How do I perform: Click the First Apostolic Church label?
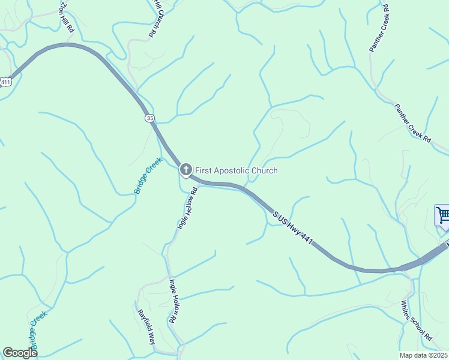237,171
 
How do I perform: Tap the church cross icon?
186,170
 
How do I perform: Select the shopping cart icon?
442,215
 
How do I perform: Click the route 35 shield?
149,118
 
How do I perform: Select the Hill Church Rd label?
154,19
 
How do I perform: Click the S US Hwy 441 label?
293,227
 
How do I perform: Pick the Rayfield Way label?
147,326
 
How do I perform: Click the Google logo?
20,353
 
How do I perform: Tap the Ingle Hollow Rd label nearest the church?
187,209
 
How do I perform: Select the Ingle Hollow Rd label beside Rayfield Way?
174,301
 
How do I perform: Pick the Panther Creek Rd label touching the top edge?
380,28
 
